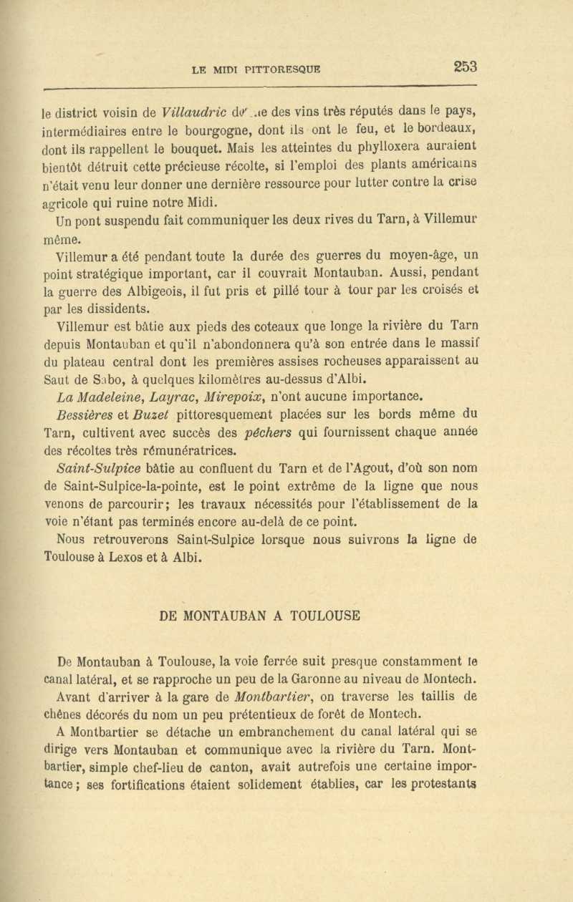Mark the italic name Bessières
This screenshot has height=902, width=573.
click(x=90, y=415)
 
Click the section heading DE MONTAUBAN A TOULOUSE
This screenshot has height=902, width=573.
click(x=259, y=614)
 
